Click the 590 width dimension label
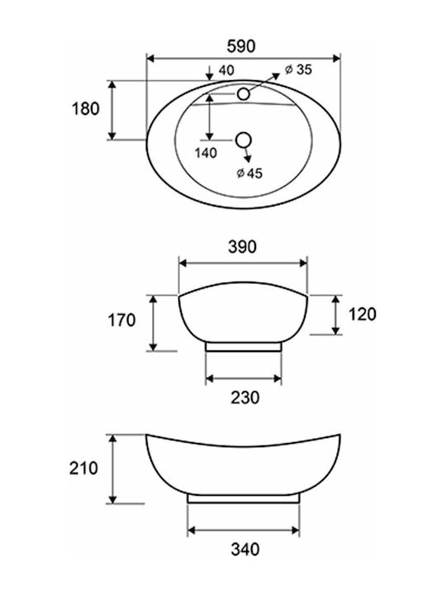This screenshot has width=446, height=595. [241, 46]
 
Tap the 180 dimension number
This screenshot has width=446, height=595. [86, 109]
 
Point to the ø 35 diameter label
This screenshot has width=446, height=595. [298, 69]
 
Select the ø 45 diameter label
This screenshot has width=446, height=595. [249, 173]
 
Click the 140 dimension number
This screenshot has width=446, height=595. [206, 153]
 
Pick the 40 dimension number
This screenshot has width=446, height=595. [226, 70]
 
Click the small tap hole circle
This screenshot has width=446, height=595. [244, 93]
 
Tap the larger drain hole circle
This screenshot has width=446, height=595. [244, 140]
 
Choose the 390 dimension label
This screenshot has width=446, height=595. [242, 246]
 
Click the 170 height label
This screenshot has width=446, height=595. [121, 320]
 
